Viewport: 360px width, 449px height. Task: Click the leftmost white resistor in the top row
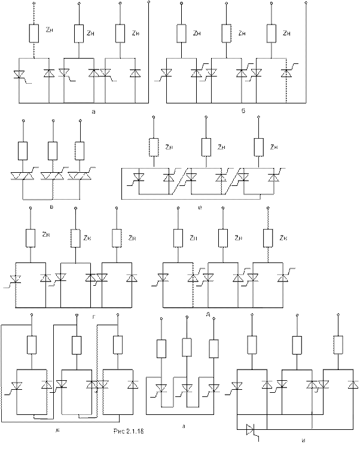click(x=34, y=33)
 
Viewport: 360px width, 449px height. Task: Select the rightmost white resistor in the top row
click(x=273, y=33)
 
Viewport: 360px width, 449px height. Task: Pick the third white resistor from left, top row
click(x=120, y=33)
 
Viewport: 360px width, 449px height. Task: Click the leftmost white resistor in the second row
click(x=24, y=151)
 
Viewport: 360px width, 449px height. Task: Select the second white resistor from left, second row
click(x=53, y=151)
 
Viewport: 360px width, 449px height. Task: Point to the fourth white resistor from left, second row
click(x=154, y=147)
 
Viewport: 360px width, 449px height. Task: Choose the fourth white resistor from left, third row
click(x=178, y=239)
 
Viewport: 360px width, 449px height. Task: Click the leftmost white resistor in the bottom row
click(x=32, y=345)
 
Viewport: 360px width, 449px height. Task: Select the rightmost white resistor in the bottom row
click(x=339, y=345)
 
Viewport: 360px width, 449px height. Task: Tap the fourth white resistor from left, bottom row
click(x=161, y=348)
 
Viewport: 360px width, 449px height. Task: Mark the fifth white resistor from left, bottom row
click(x=186, y=346)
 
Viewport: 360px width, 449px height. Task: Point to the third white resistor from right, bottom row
click(x=252, y=345)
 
